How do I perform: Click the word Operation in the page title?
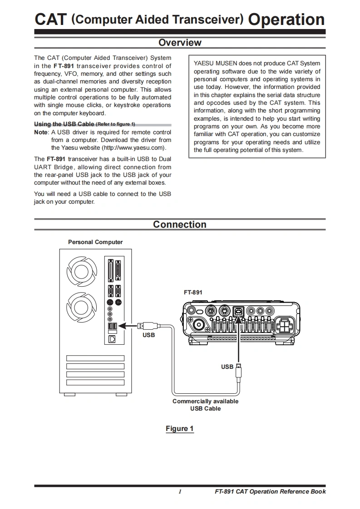[x=286, y=20]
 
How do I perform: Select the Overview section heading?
[x=180, y=43]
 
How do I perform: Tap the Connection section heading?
[x=180, y=225]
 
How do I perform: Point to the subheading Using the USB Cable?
[x=64, y=124]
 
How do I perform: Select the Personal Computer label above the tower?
[x=95, y=242]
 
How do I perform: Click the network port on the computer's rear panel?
[x=113, y=338]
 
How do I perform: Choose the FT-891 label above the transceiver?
[x=193, y=293]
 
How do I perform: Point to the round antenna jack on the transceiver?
[x=198, y=326]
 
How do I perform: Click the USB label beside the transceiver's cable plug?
[x=227, y=367]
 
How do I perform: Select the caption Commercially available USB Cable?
[x=205, y=405]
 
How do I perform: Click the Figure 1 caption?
[x=180, y=429]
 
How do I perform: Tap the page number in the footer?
[x=180, y=492]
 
